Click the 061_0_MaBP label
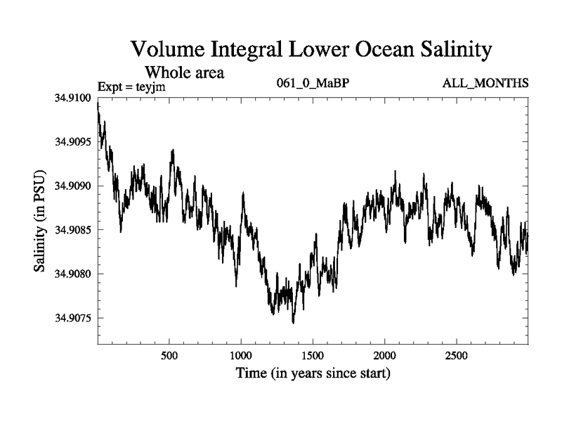[313, 84]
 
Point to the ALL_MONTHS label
[485, 84]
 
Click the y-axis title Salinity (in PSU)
[39, 221]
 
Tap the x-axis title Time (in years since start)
[313, 373]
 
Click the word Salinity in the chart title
[452, 50]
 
